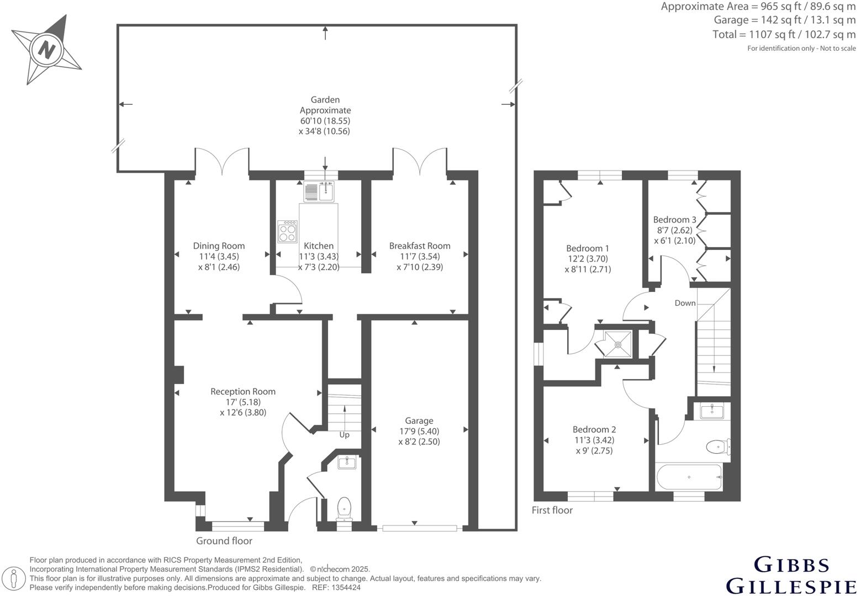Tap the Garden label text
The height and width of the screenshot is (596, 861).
(325, 100)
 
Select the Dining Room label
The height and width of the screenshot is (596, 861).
(219, 246)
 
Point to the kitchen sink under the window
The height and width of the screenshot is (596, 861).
(320, 191)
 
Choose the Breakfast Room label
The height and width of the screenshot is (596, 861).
(420, 246)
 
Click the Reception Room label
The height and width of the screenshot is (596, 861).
(243, 392)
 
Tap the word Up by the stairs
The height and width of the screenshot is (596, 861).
(344, 435)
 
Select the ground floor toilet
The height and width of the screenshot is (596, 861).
(345, 507)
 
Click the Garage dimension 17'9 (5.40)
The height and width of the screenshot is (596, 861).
(419, 432)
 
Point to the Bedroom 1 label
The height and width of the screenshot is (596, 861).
(588, 248)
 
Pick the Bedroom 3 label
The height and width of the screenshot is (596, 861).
(674, 220)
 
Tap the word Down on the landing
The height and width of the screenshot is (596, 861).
(685, 303)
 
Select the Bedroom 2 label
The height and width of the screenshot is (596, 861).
(594, 429)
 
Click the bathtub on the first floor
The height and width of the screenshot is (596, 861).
(689, 477)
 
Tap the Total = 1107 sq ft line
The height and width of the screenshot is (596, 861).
(784, 34)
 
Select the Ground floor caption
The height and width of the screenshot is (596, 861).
(224, 541)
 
